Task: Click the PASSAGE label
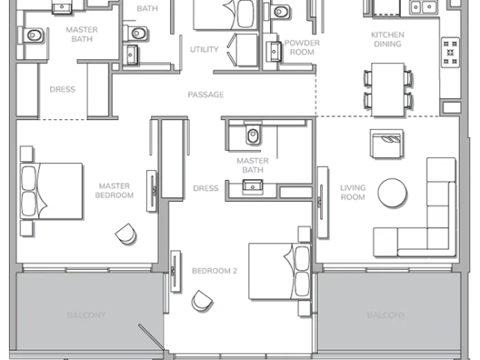tap(206, 95)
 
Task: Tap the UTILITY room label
tap(204, 49)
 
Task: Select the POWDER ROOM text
tap(302, 48)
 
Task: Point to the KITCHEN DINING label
tap(388, 39)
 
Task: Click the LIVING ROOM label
tap(353, 192)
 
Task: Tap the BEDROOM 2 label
tap(214, 271)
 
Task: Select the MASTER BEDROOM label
tap(114, 191)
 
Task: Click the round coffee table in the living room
tap(392, 193)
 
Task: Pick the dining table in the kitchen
tap(388, 90)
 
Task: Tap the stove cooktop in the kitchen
tap(450, 53)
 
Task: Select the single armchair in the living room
tap(386, 144)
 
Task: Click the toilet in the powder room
tap(279, 12)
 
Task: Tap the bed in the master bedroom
tap(51, 191)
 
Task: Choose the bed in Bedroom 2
tap(280, 272)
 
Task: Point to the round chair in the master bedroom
tap(126, 234)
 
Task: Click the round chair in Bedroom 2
tap(202, 302)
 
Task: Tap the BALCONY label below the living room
tap(386, 315)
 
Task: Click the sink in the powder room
tap(274, 51)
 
